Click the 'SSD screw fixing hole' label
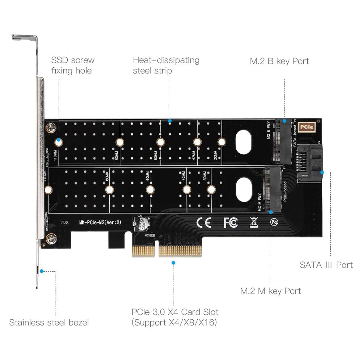[x=72, y=66]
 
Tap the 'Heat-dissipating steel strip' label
[x=166, y=66]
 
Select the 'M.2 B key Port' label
[x=279, y=61]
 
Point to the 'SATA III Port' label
[x=326, y=265]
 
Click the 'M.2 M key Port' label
[x=271, y=291]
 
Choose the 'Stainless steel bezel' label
[x=49, y=322]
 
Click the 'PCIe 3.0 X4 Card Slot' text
[x=175, y=312]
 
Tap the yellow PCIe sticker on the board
[x=311, y=127]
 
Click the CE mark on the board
[x=203, y=222]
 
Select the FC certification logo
[x=231, y=222]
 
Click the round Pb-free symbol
[x=274, y=222]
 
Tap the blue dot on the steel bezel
[x=42, y=271]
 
